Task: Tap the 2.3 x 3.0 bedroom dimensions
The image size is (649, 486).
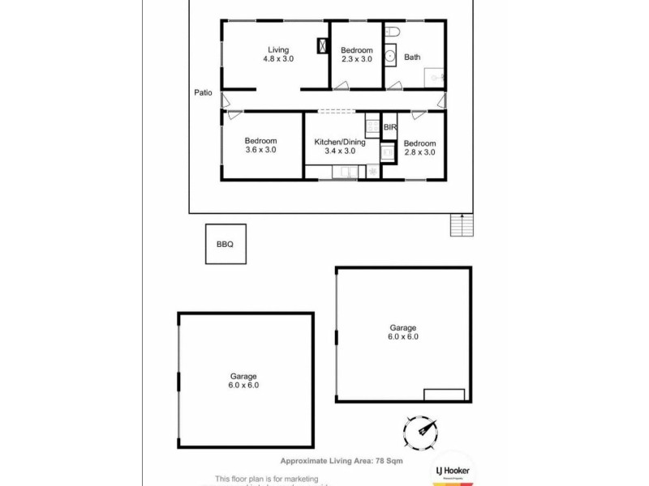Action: coord(356,59)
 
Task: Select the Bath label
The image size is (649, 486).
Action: coord(412,58)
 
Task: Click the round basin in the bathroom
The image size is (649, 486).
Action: coord(390,57)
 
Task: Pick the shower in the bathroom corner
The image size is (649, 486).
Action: coord(435,78)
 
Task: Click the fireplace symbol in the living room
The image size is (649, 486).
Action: coord(322,45)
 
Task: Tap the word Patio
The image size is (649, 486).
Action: coord(204,92)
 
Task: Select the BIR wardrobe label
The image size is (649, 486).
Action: coord(389,128)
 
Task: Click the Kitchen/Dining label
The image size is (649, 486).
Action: coord(340,143)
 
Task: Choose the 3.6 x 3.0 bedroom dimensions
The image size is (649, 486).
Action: coord(260,150)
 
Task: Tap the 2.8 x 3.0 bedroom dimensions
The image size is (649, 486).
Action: coord(419,152)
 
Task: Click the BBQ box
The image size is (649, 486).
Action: coord(225,244)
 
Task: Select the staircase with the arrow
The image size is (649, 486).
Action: coord(462,225)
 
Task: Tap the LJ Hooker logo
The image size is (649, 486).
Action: coord(453,471)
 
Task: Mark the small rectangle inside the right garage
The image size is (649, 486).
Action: coord(444,394)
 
